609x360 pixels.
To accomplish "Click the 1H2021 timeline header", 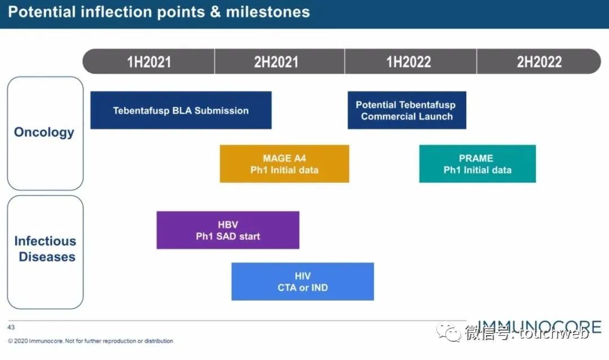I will [x=149, y=62].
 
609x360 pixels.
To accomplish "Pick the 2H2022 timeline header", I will [x=539, y=62].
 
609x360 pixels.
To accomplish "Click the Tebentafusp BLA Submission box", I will [x=180, y=111].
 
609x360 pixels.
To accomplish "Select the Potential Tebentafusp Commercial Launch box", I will [x=407, y=111].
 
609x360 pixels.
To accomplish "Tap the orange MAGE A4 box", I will [x=284, y=164].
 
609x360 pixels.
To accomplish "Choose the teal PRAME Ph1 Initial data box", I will [x=477, y=164].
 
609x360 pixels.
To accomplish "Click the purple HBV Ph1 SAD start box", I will [x=228, y=230].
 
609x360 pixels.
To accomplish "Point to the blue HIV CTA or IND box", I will [x=302, y=282].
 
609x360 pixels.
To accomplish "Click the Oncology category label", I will [x=44, y=133].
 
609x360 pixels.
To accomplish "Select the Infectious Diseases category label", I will [x=45, y=249].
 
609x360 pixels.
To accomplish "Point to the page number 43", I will [x=11, y=327].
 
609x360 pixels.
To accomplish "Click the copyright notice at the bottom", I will [x=91, y=341].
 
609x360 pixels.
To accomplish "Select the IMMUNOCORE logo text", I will [x=539, y=327].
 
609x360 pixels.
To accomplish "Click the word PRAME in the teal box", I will [x=476, y=158].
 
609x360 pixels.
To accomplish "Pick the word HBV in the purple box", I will [x=228, y=225].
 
